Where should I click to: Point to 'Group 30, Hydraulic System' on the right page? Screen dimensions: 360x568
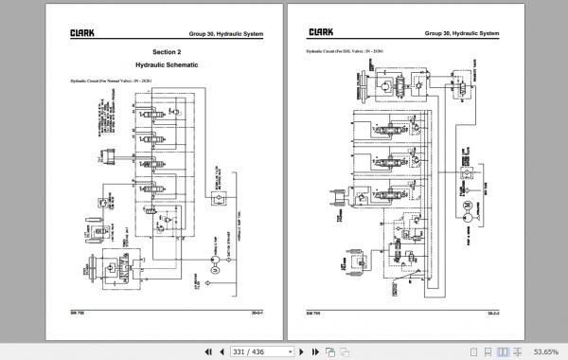tap(462, 33)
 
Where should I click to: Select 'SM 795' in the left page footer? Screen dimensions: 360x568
tap(79, 309)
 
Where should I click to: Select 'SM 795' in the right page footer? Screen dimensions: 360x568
tap(313, 309)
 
